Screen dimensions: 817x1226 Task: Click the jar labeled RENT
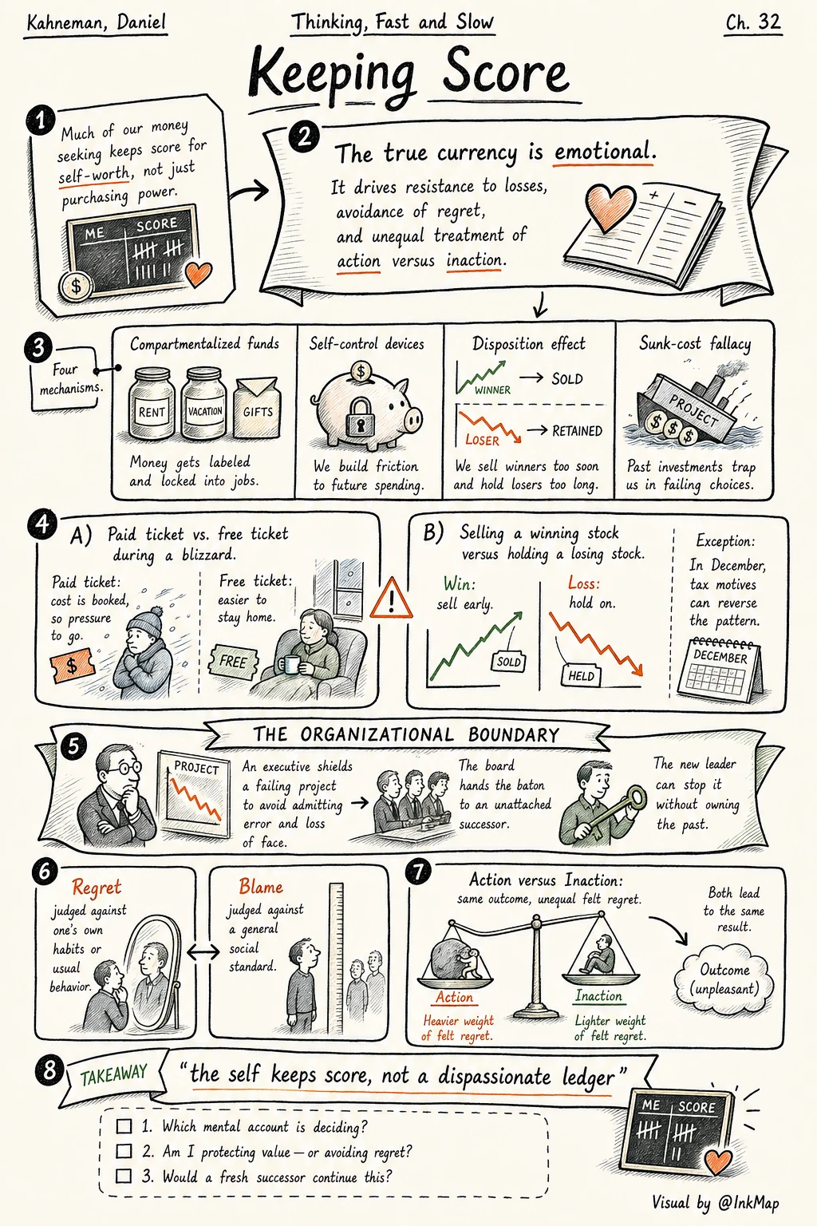point(152,404)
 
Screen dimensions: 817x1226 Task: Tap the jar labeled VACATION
point(204,404)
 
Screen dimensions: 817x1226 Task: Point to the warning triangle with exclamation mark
point(391,599)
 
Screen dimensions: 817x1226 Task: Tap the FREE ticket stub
point(232,661)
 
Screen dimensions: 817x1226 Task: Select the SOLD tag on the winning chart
point(508,661)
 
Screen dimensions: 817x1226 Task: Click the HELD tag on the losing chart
point(581,675)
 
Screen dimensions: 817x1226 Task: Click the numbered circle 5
point(74,746)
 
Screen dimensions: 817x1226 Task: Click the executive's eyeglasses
point(124,768)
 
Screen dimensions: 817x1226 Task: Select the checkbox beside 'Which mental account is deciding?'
point(124,1126)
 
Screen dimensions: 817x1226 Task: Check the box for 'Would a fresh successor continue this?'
point(124,1177)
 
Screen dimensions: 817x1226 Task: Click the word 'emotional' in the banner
point(604,151)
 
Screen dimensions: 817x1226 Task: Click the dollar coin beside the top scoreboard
point(76,285)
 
